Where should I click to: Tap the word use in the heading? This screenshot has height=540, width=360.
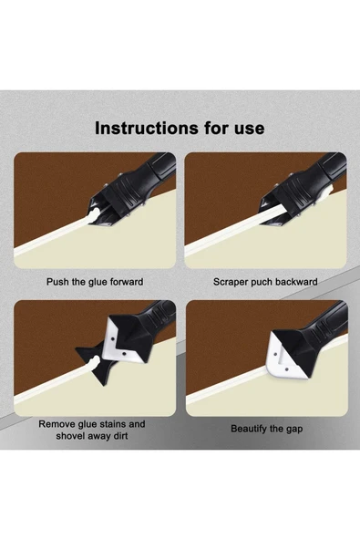250,129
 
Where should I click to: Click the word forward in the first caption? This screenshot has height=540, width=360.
127,282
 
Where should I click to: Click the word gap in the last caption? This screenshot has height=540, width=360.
293,430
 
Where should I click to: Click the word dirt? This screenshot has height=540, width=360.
119,436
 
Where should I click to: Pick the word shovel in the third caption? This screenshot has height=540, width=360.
68,436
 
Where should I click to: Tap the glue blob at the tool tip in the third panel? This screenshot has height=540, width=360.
94,362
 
